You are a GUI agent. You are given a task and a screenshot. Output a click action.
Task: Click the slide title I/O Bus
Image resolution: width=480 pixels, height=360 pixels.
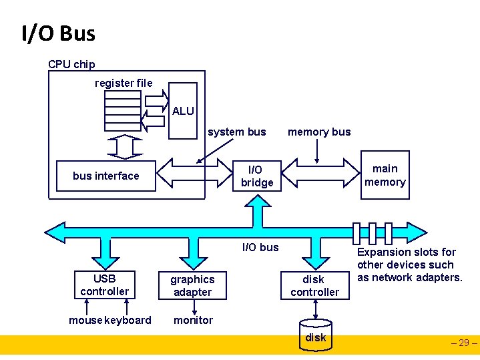[58, 33]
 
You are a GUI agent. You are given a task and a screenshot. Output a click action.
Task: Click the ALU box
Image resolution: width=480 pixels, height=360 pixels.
[183, 111]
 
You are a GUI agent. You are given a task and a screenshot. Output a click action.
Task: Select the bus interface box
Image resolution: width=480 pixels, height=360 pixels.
[106, 176]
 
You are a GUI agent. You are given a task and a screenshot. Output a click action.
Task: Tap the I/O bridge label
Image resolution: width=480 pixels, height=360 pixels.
[257, 176]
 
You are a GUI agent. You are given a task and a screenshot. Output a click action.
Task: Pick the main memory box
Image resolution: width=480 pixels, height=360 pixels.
[385, 175]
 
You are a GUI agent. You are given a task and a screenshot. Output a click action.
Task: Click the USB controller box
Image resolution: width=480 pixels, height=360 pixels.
[104, 285]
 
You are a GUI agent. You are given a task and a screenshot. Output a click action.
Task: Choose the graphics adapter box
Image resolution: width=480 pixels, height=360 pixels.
[192, 285]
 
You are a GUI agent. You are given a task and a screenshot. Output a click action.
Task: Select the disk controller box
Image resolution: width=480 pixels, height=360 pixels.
[314, 285]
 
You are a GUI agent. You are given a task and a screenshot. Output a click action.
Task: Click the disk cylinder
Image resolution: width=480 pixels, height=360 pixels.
[316, 337]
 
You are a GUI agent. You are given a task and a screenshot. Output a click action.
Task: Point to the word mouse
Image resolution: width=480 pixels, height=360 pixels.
[85, 320]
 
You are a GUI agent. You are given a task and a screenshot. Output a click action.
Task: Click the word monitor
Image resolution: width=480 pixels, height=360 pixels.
[193, 320]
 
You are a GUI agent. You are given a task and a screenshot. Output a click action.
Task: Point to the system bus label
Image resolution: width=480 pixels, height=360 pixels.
[236, 132]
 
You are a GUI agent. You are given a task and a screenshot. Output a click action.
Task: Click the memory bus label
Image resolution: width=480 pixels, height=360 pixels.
[318, 132]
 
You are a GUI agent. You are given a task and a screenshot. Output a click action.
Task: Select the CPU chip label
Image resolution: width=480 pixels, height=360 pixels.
[71, 64]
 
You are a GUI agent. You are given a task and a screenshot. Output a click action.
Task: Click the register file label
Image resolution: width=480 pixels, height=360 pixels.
[124, 83]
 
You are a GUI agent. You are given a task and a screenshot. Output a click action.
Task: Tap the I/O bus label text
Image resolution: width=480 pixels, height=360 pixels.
[260, 247]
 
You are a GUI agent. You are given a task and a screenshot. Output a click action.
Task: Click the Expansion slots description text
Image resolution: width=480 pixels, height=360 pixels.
[409, 264]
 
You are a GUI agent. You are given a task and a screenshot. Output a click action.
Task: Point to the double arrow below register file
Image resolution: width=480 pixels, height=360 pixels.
[124, 145]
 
